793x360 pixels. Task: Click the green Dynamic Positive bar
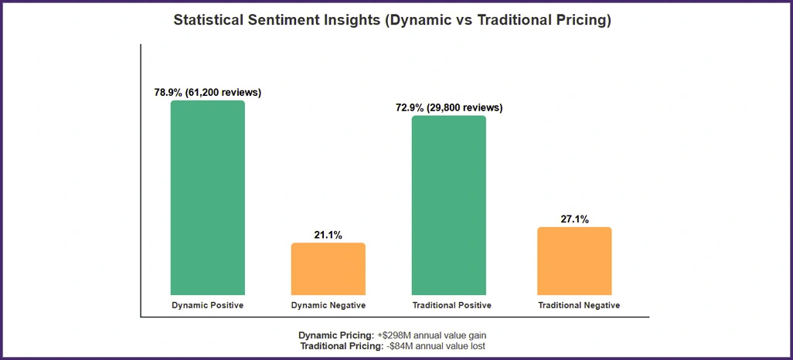pyautogui.click(x=207, y=198)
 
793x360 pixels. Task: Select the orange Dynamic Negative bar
pyautogui.click(x=328, y=269)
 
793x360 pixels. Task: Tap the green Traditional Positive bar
pyautogui.click(x=448, y=205)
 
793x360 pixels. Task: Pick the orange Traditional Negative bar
pyautogui.click(x=574, y=261)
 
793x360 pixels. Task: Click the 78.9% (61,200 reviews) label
pyautogui.click(x=207, y=93)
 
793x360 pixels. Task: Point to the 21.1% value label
pyautogui.click(x=328, y=235)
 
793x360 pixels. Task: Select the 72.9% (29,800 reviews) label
pyautogui.click(x=449, y=108)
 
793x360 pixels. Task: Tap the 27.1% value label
pyautogui.click(x=574, y=219)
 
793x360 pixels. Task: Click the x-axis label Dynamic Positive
pyautogui.click(x=207, y=305)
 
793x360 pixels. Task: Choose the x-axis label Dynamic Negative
pyautogui.click(x=328, y=305)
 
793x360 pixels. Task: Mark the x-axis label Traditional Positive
pyautogui.click(x=451, y=305)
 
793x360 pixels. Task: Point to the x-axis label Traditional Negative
pyautogui.click(x=579, y=305)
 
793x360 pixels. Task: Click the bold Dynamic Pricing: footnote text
pyautogui.click(x=336, y=335)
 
